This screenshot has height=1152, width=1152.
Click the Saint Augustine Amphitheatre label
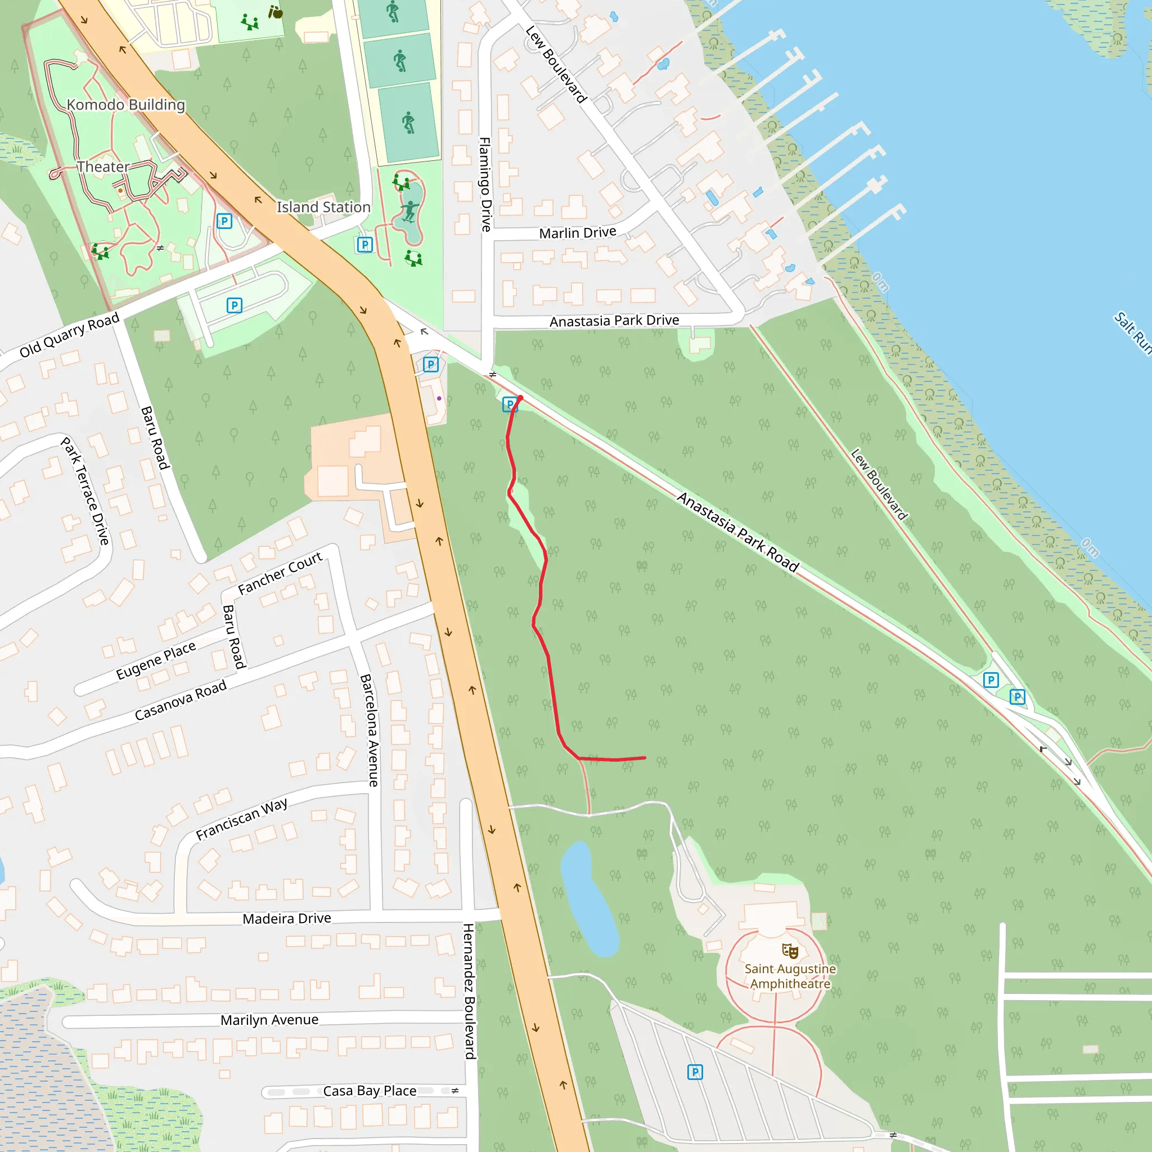tap(790, 976)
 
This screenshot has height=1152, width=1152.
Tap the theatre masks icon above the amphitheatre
tap(790, 950)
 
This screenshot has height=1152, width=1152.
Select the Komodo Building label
tap(126, 105)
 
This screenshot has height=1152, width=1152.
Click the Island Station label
tap(323, 207)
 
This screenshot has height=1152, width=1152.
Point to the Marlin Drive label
tap(577, 232)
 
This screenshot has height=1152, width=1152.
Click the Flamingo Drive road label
tap(485, 184)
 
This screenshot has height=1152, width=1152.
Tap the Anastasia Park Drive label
tap(614, 321)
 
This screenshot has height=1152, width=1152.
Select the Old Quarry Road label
tap(70, 335)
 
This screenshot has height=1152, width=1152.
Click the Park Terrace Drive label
tap(86, 490)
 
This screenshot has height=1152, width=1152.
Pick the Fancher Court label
tap(280, 573)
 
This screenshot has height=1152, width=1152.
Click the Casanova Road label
tap(181, 700)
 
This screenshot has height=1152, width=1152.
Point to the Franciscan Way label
tap(241, 818)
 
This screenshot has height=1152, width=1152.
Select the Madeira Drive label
tap(287, 918)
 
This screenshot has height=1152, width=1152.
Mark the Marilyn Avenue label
tap(269, 1020)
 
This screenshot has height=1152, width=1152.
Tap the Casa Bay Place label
tap(370, 1091)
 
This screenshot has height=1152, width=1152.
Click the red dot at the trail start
tap(520, 398)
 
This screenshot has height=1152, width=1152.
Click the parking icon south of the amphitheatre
tap(695, 1072)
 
